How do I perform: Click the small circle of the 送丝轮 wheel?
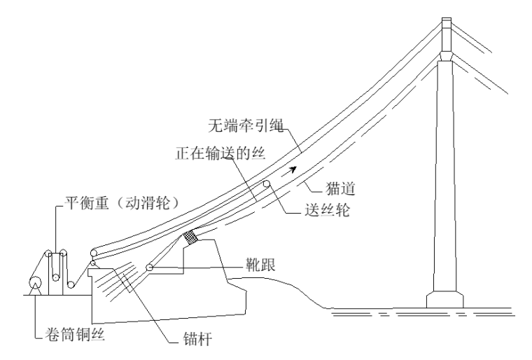(x=267, y=185)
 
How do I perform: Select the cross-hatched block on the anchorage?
(x=189, y=237)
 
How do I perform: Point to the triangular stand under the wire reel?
(x=33, y=287)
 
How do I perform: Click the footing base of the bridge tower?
(x=446, y=299)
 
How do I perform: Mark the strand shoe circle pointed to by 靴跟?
(x=149, y=268)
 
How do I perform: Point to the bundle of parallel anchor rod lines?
(x=122, y=280)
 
